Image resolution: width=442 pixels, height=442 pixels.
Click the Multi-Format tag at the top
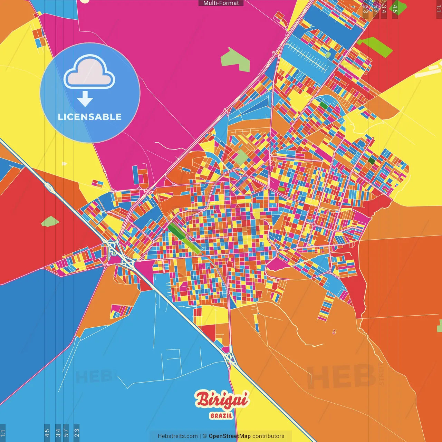pyautogui.click(x=221, y=3)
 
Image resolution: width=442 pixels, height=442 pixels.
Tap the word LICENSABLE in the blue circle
pyautogui.click(x=90, y=117)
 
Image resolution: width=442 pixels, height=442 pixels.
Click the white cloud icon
pyautogui.click(x=89, y=71)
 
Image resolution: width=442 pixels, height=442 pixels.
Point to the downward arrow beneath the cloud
pyautogui.click(x=85, y=99)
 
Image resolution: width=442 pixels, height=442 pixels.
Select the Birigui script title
pyautogui.click(x=221, y=400)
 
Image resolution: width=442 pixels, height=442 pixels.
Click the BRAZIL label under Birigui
pyautogui.click(x=221, y=416)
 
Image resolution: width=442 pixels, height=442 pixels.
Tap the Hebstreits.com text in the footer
pyautogui.click(x=177, y=436)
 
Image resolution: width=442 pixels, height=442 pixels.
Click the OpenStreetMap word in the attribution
pyautogui.click(x=230, y=436)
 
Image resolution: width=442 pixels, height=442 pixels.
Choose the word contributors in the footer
pyautogui.click(x=268, y=436)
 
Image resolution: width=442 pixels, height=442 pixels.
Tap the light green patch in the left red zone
pyautogui.click(x=50, y=221)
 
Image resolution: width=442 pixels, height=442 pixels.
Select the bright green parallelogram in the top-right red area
pyautogui.click(x=375, y=46)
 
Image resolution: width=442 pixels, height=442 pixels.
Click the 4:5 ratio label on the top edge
pyautogui.click(x=395, y=9)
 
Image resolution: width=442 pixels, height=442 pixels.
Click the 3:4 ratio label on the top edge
pyautogui.click(x=384, y=9)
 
